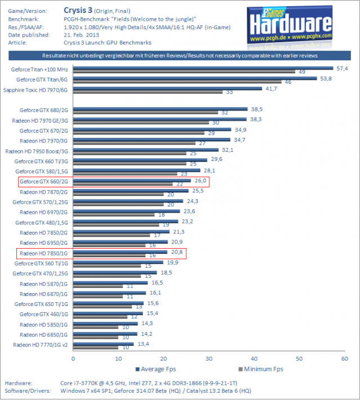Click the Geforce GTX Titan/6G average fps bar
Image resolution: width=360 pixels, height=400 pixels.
click(x=194, y=78)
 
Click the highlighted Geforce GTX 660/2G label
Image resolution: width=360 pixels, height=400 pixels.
click(x=44, y=181)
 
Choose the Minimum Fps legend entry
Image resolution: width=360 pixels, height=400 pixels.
click(x=259, y=369)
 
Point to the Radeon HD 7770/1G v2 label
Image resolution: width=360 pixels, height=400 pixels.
click(x=40, y=344)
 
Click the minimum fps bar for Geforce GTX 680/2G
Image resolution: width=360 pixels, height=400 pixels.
click(x=145, y=113)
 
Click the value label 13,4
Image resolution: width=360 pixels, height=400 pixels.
click(x=143, y=343)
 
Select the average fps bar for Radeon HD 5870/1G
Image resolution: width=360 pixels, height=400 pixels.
click(x=110, y=282)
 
